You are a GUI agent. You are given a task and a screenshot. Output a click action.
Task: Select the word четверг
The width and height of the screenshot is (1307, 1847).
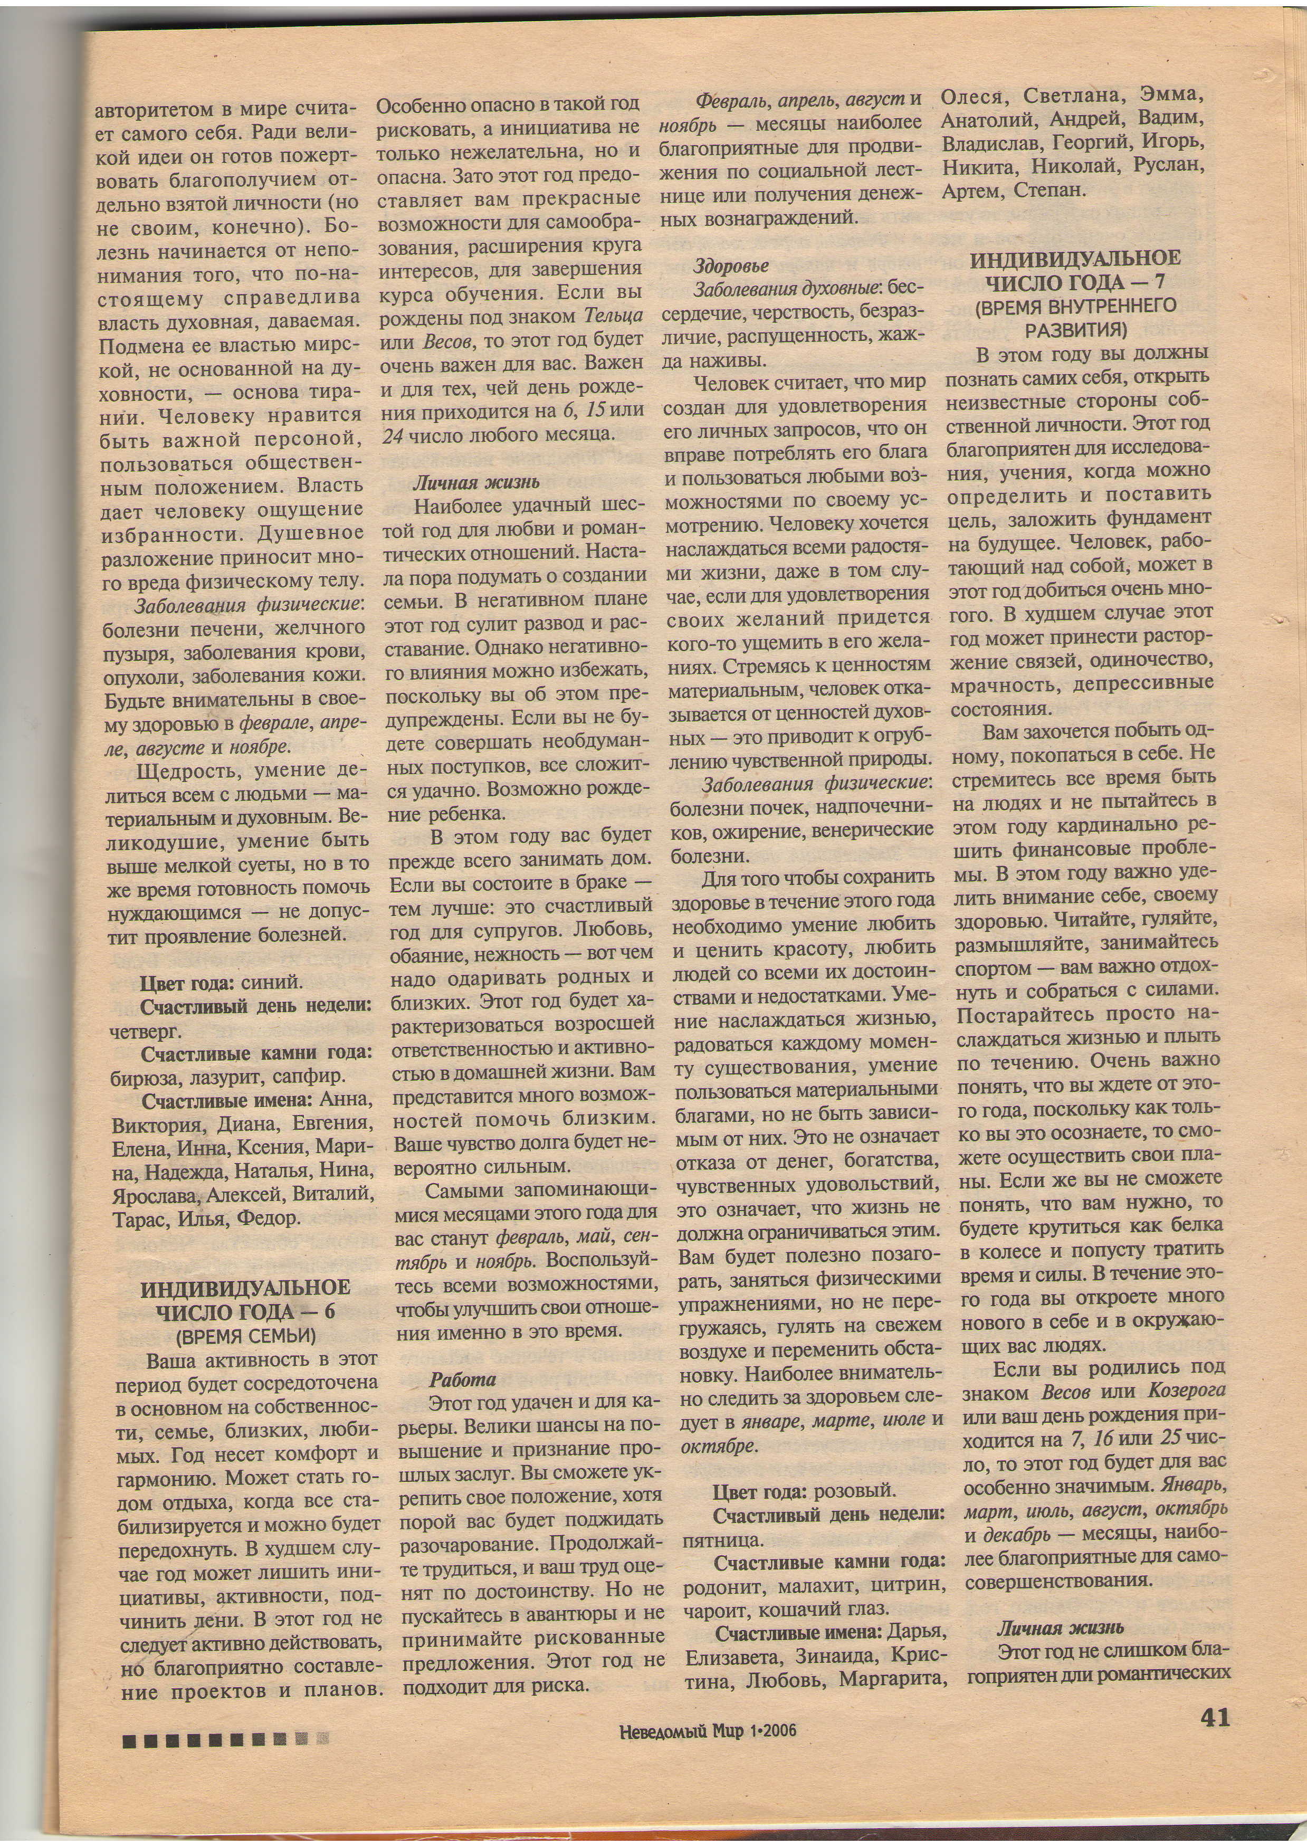[x=146, y=1031]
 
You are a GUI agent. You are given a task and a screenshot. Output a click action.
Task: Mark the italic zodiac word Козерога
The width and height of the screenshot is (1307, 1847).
[x=1186, y=1391]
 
